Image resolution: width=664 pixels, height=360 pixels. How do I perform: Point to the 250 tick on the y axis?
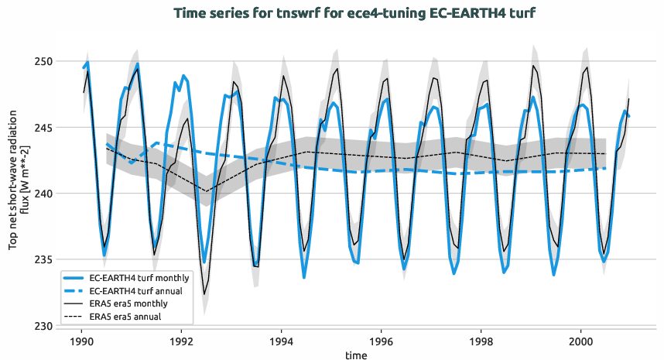click(43, 61)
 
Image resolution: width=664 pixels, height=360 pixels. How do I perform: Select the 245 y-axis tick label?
click(43, 128)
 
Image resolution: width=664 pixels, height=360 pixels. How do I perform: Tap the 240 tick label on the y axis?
click(43, 194)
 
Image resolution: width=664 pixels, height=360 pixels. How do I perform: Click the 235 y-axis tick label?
click(43, 259)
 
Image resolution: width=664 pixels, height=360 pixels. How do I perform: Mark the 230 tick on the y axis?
click(43, 326)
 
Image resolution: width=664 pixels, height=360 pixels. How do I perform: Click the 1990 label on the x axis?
click(81, 341)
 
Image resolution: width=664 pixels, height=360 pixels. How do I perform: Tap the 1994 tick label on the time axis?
click(282, 341)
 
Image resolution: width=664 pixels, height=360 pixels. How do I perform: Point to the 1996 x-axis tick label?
click(382, 341)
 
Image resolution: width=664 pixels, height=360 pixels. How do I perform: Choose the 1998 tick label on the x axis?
click(481, 341)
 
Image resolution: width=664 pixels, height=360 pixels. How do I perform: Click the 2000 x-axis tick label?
click(581, 341)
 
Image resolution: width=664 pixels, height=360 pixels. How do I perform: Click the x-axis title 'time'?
click(356, 355)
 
